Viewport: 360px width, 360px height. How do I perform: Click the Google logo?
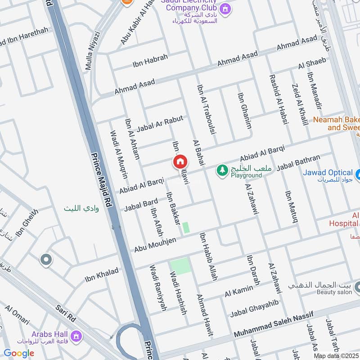19,353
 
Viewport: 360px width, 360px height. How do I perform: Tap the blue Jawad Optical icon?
358,173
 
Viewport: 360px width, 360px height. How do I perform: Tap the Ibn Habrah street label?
150,61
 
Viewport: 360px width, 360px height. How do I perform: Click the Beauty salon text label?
334,292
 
